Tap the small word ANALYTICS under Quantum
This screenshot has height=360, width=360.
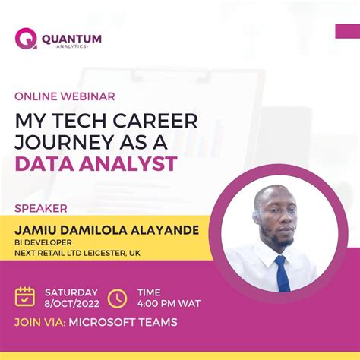tap(71, 46)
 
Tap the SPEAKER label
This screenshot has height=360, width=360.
tap(41, 207)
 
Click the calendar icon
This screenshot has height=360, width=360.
tap(25, 296)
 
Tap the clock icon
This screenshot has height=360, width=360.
tap(117, 297)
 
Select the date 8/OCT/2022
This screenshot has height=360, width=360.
tap(71, 302)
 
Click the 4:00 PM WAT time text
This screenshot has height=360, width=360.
tap(169, 303)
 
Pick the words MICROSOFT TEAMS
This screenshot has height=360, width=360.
tap(122, 322)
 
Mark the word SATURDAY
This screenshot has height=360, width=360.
tap(71, 292)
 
